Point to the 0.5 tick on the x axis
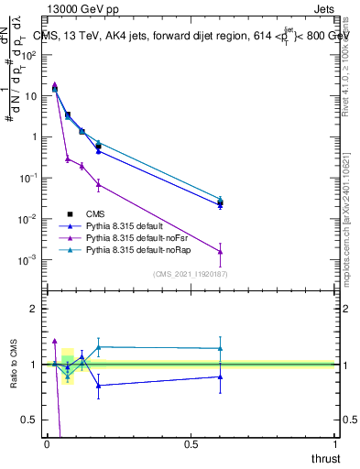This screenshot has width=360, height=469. (191, 442)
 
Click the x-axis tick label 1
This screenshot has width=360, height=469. (335, 442)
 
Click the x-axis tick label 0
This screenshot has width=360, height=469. (47, 442)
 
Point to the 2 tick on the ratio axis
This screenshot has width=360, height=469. (34, 309)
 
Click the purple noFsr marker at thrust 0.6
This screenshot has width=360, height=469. (220, 252)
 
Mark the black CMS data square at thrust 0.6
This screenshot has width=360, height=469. (220, 202)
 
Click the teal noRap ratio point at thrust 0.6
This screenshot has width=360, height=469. (220, 348)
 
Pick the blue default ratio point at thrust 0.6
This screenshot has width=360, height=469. (220, 376)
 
